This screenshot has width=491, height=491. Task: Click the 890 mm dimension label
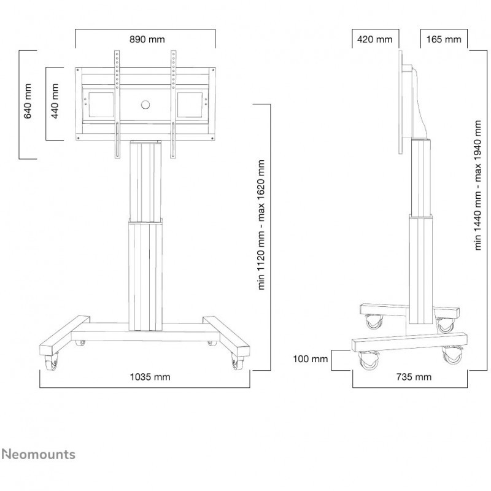pos(147,39)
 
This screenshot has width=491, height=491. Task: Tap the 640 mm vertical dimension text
pos(28,101)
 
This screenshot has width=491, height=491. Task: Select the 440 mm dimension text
pos(55,101)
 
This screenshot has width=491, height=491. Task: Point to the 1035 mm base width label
pos(150,377)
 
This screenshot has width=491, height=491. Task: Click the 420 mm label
pos(374,39)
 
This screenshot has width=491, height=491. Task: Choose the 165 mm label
pos(443,39)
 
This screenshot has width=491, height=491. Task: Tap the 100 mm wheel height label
pos(310,359)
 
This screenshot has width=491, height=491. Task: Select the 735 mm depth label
pos(414,377)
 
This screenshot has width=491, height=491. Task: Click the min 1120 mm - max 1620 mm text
pos(261,225)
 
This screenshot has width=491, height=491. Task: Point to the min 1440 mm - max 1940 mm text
pos(477,185)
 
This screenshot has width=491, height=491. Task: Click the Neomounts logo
pos(38,454)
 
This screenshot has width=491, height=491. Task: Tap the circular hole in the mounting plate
pos(145,104)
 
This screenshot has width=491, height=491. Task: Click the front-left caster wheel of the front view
pos(51,363)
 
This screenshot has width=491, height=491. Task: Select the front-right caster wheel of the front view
pos(238,363)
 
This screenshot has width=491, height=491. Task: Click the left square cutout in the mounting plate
pos(101,104)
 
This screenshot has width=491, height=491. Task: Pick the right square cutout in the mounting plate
pos(190,104)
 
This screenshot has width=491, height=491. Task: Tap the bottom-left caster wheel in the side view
pos(369,360)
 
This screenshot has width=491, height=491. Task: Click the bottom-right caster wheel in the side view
pos(453,355)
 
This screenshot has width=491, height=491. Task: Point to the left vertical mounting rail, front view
pos(117,104)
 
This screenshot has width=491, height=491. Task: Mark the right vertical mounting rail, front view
pos(173,104)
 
